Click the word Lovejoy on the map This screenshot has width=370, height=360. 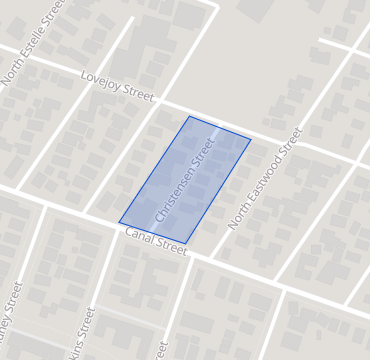[x=99, y=83]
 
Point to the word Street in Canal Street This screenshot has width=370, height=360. [x=171, y=246]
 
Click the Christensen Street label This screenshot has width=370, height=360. [x=186, y=180]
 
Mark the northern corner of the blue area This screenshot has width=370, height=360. [x=189, y=116]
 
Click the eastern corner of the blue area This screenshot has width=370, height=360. [x=251, y=139]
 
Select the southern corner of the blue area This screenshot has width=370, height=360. [x=186, y=243]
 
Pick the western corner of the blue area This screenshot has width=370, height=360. [x=119, y=222]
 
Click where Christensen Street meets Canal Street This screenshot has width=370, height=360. [x=152, y=232]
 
